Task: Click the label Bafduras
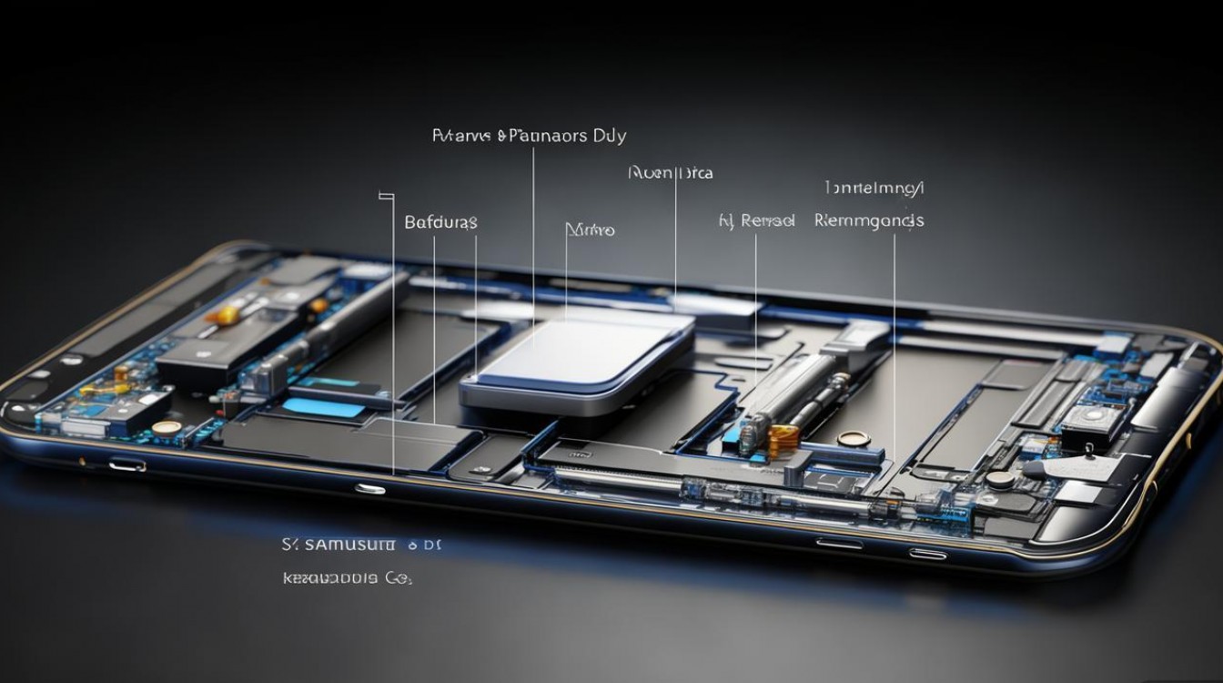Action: coord(440,222)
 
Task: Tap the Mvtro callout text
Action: coord(590,229)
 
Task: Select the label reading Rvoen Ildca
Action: coord(671,172)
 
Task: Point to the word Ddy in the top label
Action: coord(609,137)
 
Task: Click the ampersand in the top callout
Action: coord(501,137)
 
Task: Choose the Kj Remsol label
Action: coord(756,220)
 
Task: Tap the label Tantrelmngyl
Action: coord(874,189)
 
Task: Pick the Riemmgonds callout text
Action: coord(869,220)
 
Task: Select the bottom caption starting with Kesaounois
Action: coord(347,578)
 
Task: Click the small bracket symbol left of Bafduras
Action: coord(386,194)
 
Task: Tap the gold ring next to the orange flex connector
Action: coord(853,439)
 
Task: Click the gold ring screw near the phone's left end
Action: coord(166,427)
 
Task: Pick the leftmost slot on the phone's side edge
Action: coord(126,465)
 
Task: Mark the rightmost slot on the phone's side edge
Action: coord(926,553)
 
